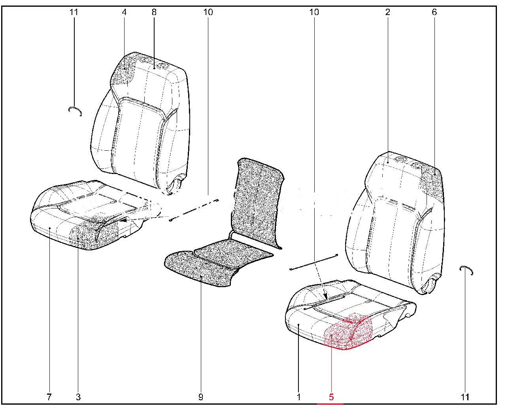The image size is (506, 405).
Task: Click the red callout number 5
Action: (x=331, y=397)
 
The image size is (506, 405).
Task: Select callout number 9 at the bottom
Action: (x=200, y=397)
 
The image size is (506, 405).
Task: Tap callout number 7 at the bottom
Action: (x=49, y=397)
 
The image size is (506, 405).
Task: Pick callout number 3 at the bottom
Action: (x=78, y=397)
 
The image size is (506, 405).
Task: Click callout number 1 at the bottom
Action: (x=298, y=397)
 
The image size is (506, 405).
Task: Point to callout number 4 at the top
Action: (x=124, y=12)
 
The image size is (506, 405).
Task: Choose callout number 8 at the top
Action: (x=154, y=12)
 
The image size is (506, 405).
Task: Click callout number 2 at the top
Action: (x=388, y=12)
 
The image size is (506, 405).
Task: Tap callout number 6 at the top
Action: (x=434, y=12)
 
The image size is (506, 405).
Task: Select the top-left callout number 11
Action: (x=74, y=12)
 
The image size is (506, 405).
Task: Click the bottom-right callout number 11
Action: (x=465, y=397)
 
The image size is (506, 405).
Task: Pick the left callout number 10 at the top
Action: (x=208, y=12)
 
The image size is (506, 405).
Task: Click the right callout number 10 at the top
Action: (x=314, y=12)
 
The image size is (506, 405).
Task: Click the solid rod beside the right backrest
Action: (x=314, y=262)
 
